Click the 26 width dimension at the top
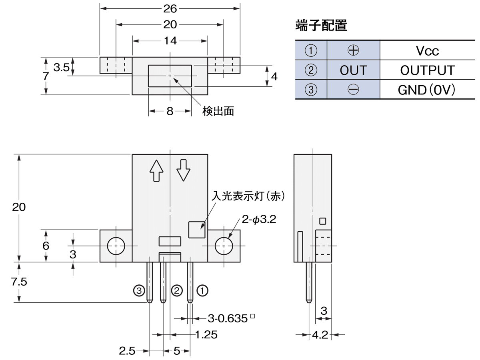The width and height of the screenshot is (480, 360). pos(170,8)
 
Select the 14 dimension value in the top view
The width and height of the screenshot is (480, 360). pos(170,41)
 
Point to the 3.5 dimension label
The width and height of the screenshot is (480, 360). pos(61,67)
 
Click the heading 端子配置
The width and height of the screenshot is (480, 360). pos(321,26)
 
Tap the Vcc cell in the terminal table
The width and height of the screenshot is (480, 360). pos(427,51)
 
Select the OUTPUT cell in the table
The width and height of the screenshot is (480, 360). pos(427,70)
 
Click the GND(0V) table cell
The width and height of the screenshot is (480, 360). pos(427,90)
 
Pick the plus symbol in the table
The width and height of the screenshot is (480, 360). pos(353,50)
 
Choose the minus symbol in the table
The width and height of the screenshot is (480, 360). pos(353,90)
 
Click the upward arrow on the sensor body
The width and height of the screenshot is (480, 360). pos(156,171)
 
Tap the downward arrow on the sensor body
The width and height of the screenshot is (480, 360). pos(184,170)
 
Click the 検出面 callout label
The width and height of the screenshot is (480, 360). pos(218,111)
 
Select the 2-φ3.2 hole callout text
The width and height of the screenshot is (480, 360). pos(259,219)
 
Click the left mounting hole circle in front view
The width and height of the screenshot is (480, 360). pos(116,246)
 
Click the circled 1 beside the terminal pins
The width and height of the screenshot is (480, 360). pos(203,290)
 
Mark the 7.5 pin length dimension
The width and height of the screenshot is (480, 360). pos(19,282)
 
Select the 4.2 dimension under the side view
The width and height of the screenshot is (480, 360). pos(320,335)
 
